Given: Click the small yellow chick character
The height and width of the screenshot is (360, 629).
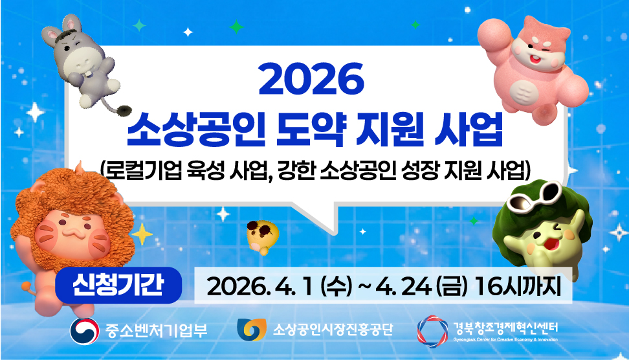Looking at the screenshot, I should pos(262,234).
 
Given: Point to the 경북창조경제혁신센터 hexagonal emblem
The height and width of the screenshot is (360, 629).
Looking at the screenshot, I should pos(431,330).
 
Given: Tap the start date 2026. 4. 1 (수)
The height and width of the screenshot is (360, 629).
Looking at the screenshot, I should pos(278,286).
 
